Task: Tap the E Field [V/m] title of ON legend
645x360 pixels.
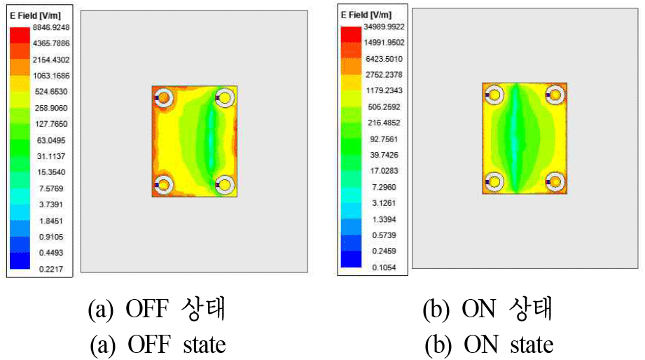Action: [366, 14]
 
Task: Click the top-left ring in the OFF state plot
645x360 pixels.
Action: [165, 98]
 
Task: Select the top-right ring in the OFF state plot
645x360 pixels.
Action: [225, 97]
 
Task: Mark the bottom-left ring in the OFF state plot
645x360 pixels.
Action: [165, 185]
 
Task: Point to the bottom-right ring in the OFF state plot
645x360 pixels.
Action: [225, 185]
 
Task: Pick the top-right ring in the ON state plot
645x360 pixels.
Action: [555, 94]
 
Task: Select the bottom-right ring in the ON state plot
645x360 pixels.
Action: [555, 181]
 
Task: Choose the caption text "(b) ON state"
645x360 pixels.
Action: [488, 344]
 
